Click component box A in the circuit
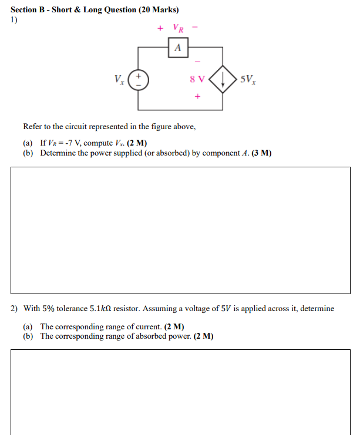pos(178,48)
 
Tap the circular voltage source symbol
pos(139,79)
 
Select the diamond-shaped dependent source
pos(223,79)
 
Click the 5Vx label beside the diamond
pos(248,79)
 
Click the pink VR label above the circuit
pos(179,28)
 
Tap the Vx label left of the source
pos(120,79)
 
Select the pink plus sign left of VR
pos(159,28)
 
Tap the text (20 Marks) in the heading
pos(159,10)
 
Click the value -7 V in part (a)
pos(73,143)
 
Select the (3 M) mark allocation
pos(261,153)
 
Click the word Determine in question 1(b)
pos(58,153)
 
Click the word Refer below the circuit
pos(34,127)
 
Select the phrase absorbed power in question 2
pos(164,336)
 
